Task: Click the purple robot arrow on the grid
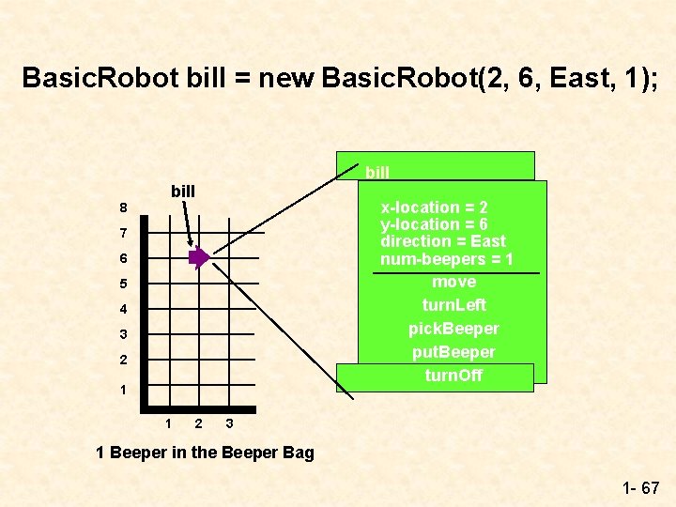[199, 258]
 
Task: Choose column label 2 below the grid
[198, 424]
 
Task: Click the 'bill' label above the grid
[183, 192]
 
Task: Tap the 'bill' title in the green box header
[377, 172]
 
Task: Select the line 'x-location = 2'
[433, 207]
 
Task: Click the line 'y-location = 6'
[433, 224]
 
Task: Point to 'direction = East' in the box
[442, 241]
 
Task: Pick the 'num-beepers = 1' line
[446, 259]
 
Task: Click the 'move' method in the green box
[453, 282]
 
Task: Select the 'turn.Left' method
[453, 305]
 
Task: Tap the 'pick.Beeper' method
[453, 329]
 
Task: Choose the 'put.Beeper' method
[453, 352]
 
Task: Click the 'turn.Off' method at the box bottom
[453, 376]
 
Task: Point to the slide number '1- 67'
[640, 488]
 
